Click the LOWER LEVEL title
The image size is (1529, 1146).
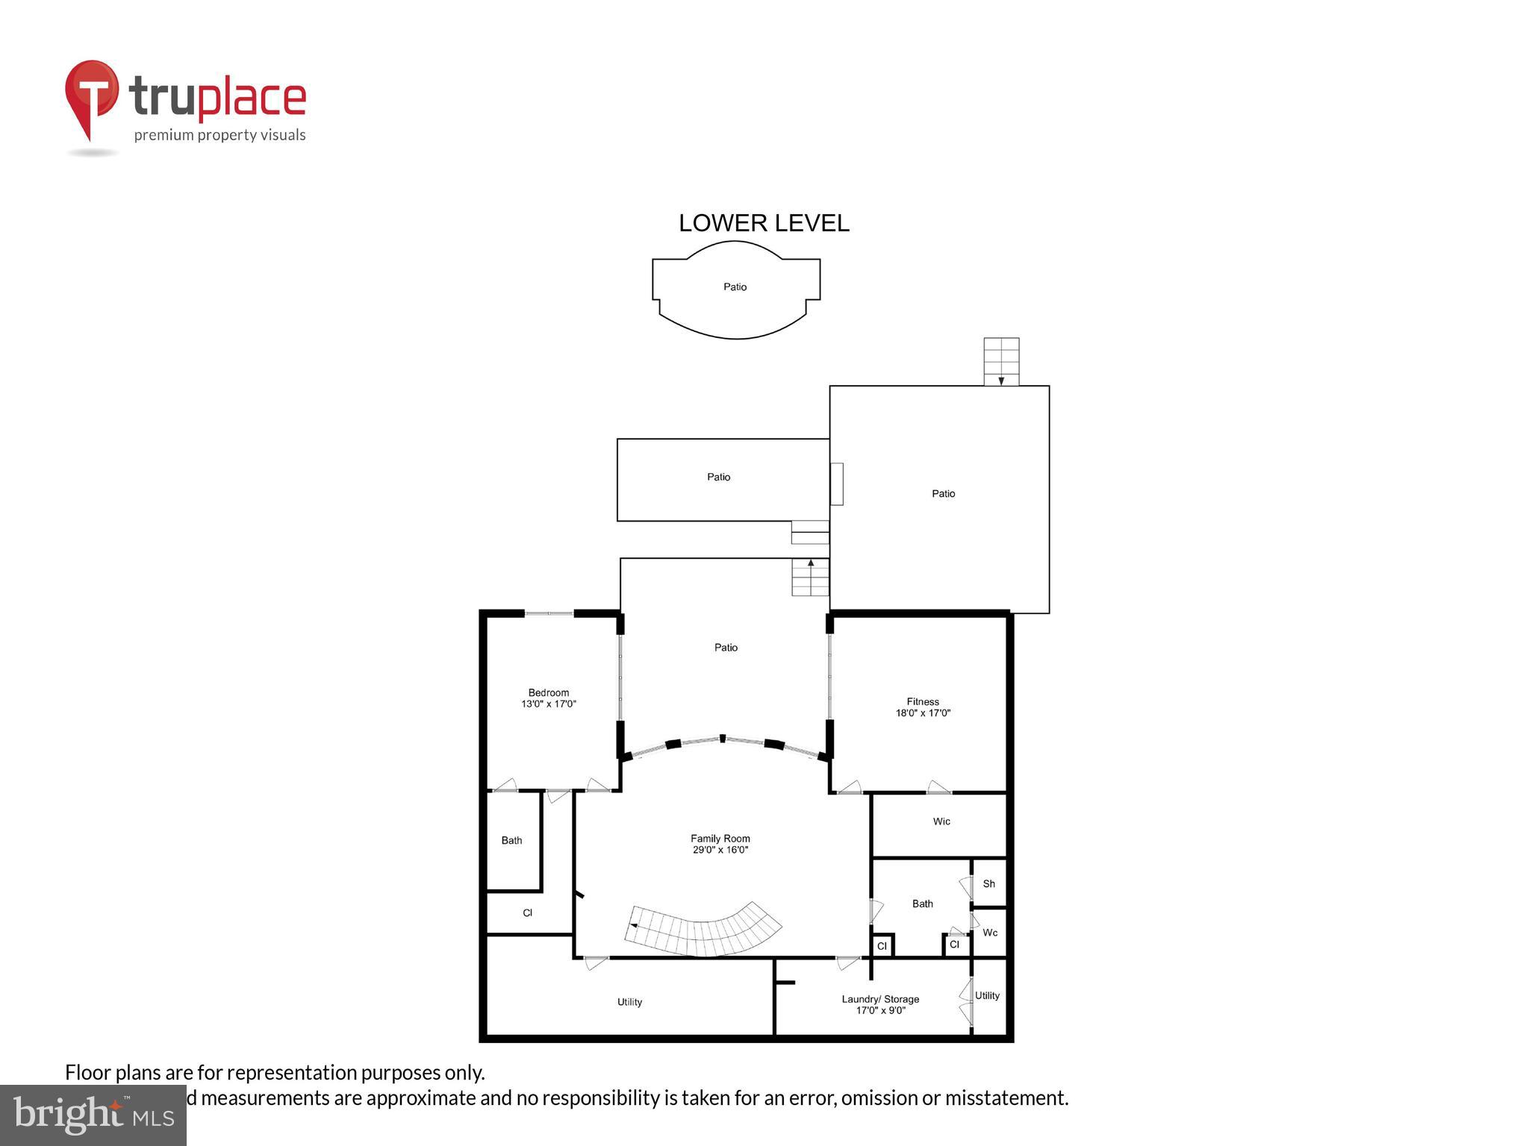(x=763, y=223)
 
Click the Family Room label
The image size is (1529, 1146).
(x=720, y=838)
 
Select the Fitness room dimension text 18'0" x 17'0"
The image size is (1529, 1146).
(x=923, y=713)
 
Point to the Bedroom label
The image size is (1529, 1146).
(x=548, y=692)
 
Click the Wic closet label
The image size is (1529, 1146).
(x=941, y=821)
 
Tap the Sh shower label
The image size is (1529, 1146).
(x=988, y=883)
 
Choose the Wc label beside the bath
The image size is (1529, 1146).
(x=990, y=933)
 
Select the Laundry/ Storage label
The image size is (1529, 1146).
(x=880, y=999)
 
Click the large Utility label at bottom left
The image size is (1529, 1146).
(x=629, y=1002)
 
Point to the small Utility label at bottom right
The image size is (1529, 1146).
(x=987, y=995)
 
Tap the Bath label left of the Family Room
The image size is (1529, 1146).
(x=511, y=840)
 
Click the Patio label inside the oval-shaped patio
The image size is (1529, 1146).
(x=735, y=286)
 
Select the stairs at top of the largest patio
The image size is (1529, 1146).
(x=1001, y=361)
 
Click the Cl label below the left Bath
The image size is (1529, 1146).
(x=527, y=912)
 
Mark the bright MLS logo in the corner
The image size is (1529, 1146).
(x=93, y=1115)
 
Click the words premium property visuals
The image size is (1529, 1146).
(x=219, y=135)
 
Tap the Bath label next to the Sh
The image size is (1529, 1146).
(x=922, y=904)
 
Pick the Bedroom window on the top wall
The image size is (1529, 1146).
(x=549, y=613)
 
